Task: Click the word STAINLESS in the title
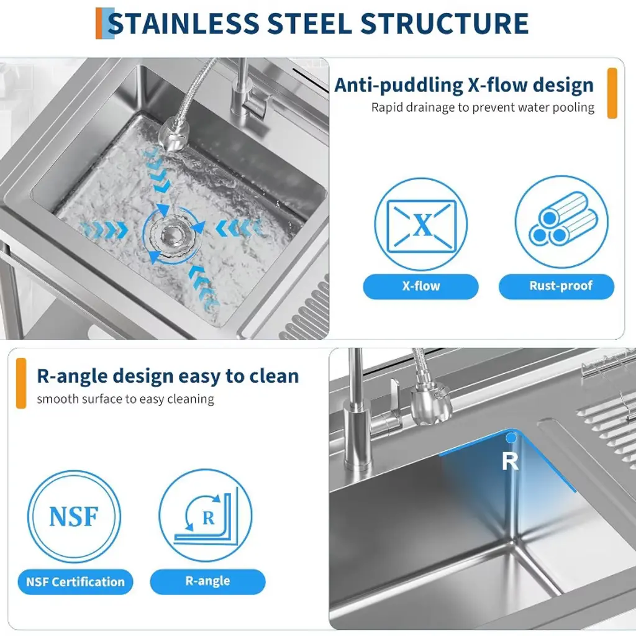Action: [183, 23]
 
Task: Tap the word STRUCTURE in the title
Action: [445, 23]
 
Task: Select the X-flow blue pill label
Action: [420, 286]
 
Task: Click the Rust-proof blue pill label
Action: [556, 286]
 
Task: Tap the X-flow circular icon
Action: [420, 224]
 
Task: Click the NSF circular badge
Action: [75, 517]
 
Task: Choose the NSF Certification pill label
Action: [75, 582]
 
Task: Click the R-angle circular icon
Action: [205, 516]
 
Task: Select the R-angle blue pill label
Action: [207, 581]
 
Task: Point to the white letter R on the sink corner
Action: [510, 461]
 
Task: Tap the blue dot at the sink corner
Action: [511, 438]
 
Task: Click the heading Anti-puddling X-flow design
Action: [464, 85]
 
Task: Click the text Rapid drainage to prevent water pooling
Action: [483, 107]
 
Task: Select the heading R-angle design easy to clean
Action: [168, 376]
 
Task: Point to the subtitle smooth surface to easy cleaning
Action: [125, 399]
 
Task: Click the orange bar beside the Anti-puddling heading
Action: [612, 93]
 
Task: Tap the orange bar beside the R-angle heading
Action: [21, 383]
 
